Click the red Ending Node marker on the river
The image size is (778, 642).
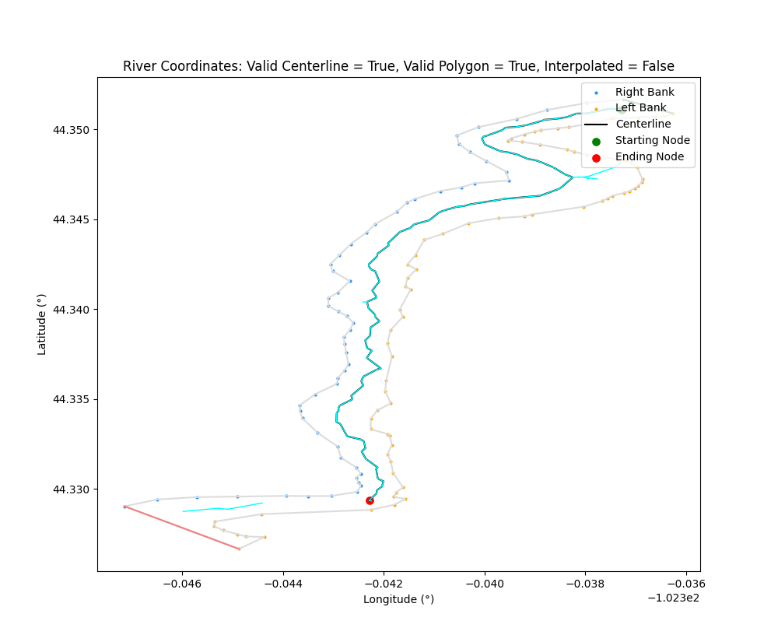[x=370, y=500]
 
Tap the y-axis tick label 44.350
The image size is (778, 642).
[x=72, y=130]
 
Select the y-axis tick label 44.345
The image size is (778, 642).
[x=72, y=219]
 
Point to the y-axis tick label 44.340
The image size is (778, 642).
[x=72, y=310]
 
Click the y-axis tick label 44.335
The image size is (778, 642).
[x=72, y=399]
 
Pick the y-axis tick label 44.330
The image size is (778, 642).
[x=72, y=489]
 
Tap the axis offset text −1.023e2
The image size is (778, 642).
[x=673, y=598]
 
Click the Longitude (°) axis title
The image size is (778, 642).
[x=398, y=599]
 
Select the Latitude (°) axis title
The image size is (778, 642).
[x=42, y=325]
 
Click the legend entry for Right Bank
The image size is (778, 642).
[x=644, y=92]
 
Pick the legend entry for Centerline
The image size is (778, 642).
[x=643, y=125]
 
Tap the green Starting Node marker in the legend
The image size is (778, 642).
[x=597, y=141]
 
